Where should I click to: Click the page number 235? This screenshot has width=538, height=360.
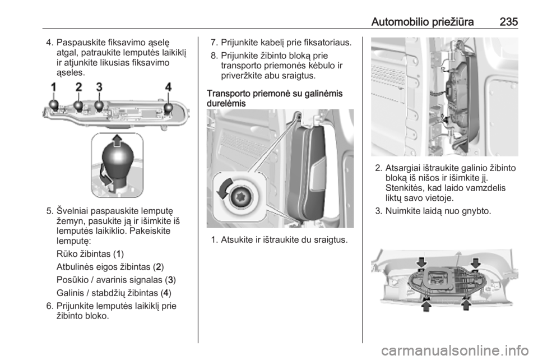click(508, 22)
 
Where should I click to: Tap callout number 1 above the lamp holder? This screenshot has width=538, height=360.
click(54, 87)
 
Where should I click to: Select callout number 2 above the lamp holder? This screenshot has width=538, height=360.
click(79, 87)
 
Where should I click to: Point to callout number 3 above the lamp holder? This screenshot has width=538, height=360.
click(99, 87)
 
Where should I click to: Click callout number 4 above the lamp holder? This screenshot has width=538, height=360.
click(168, 87)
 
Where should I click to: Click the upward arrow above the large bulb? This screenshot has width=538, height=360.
click(117, 140)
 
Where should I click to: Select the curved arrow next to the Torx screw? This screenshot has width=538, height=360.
click(222, 188)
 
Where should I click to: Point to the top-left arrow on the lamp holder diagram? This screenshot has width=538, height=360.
click(421, 262)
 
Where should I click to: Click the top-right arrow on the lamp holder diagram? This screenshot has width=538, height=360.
click(475, 263)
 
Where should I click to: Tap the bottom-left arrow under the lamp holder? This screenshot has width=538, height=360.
click(426, 304)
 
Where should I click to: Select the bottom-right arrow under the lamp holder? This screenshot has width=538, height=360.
click(466, 304)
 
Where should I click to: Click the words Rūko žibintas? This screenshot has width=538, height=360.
click(84, 254)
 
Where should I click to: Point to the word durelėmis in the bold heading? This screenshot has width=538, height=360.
click(226, 103)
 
